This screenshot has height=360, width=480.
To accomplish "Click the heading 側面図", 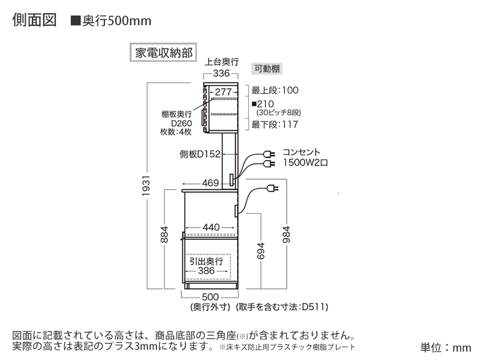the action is (34, 20).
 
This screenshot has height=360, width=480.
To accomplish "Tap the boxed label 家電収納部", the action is (163, 52).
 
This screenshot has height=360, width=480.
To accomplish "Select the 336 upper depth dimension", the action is (221, 73).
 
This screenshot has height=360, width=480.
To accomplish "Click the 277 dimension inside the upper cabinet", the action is (223, 92).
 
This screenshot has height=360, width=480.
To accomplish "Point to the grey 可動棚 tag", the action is (267, 68).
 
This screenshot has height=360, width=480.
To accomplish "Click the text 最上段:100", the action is (275, 91).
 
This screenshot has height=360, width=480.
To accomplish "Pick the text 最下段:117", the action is (275, 125).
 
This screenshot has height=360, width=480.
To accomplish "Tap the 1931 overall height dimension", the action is (146, 186).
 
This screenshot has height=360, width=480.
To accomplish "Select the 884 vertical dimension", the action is (164, 235).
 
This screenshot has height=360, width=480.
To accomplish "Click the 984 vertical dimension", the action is (286, 235).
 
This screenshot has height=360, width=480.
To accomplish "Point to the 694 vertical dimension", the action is (260, 251).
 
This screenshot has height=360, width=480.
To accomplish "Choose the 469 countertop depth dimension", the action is (211, 183).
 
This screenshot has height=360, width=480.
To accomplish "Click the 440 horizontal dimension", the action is (211, 227).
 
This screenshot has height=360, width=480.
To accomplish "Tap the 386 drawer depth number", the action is (206, 271).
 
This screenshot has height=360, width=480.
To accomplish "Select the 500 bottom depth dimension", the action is (210, 297).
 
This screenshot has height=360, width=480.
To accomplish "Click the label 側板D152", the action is (200, 154).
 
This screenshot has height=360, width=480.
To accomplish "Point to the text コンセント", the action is (301, 152).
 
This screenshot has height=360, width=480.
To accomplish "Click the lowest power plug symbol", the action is (272, 188).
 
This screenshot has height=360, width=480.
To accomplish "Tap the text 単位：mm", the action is (446, 347).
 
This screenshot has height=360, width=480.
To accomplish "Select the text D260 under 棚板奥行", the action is (181, 124).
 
